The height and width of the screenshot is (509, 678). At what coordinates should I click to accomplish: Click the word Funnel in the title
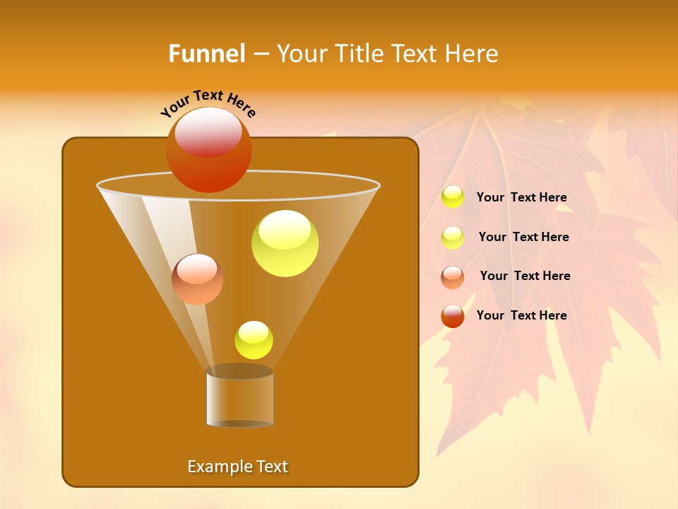click(x=206, y=54)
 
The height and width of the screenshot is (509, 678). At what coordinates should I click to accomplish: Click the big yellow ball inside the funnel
click(x=285, y=244)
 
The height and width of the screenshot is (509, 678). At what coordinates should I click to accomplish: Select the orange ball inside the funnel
click(x=197, y=280)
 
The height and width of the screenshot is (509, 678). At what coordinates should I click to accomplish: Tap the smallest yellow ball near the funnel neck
click(x=254, y=340)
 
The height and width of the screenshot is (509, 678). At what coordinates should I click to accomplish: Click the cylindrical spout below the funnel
click(x=239, y=397)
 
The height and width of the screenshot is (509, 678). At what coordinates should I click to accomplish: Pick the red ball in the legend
click(x=453, y=316)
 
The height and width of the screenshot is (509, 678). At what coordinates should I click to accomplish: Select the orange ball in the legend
click(x=453, y=277)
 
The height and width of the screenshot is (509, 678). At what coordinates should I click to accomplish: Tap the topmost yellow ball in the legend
click(x=453, y=197)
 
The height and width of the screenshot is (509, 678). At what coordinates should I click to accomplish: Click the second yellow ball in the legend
click(x=453, y=238)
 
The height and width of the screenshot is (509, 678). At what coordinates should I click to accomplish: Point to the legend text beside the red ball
click(x=521, y=315)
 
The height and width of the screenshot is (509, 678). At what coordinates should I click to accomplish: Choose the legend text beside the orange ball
click(x=525, y=276)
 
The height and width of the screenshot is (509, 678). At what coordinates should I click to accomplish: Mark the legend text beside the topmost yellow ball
click(x=521, y=197)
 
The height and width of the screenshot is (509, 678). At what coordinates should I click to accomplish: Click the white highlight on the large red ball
click(x=208, y=131)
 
